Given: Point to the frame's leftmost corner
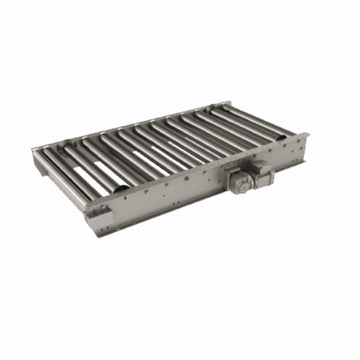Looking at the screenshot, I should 32,150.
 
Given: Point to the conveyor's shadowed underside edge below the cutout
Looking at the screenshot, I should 104,232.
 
